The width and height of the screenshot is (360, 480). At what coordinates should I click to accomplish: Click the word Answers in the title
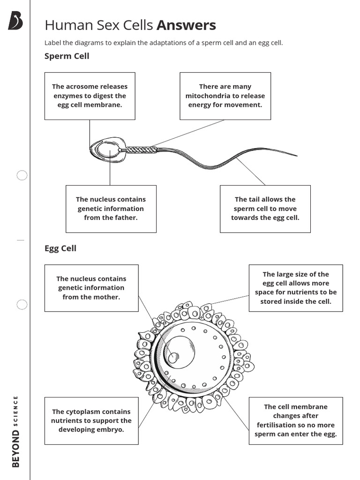pos(186,25)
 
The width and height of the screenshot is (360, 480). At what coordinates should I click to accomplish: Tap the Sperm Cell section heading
pos(67,56)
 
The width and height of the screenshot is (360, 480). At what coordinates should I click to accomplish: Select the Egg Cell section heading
pos(60,248)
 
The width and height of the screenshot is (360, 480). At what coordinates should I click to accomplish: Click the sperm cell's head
pos(107,150)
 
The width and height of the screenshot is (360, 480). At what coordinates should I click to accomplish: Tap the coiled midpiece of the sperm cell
pos(141,150)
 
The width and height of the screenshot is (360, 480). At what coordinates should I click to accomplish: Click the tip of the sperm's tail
pos(296,155)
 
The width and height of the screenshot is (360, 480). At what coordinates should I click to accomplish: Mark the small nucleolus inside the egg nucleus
pos(173,357)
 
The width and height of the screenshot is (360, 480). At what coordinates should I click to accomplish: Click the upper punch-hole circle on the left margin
pos(22,175)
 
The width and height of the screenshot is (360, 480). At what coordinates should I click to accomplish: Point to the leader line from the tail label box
pos(251,172)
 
